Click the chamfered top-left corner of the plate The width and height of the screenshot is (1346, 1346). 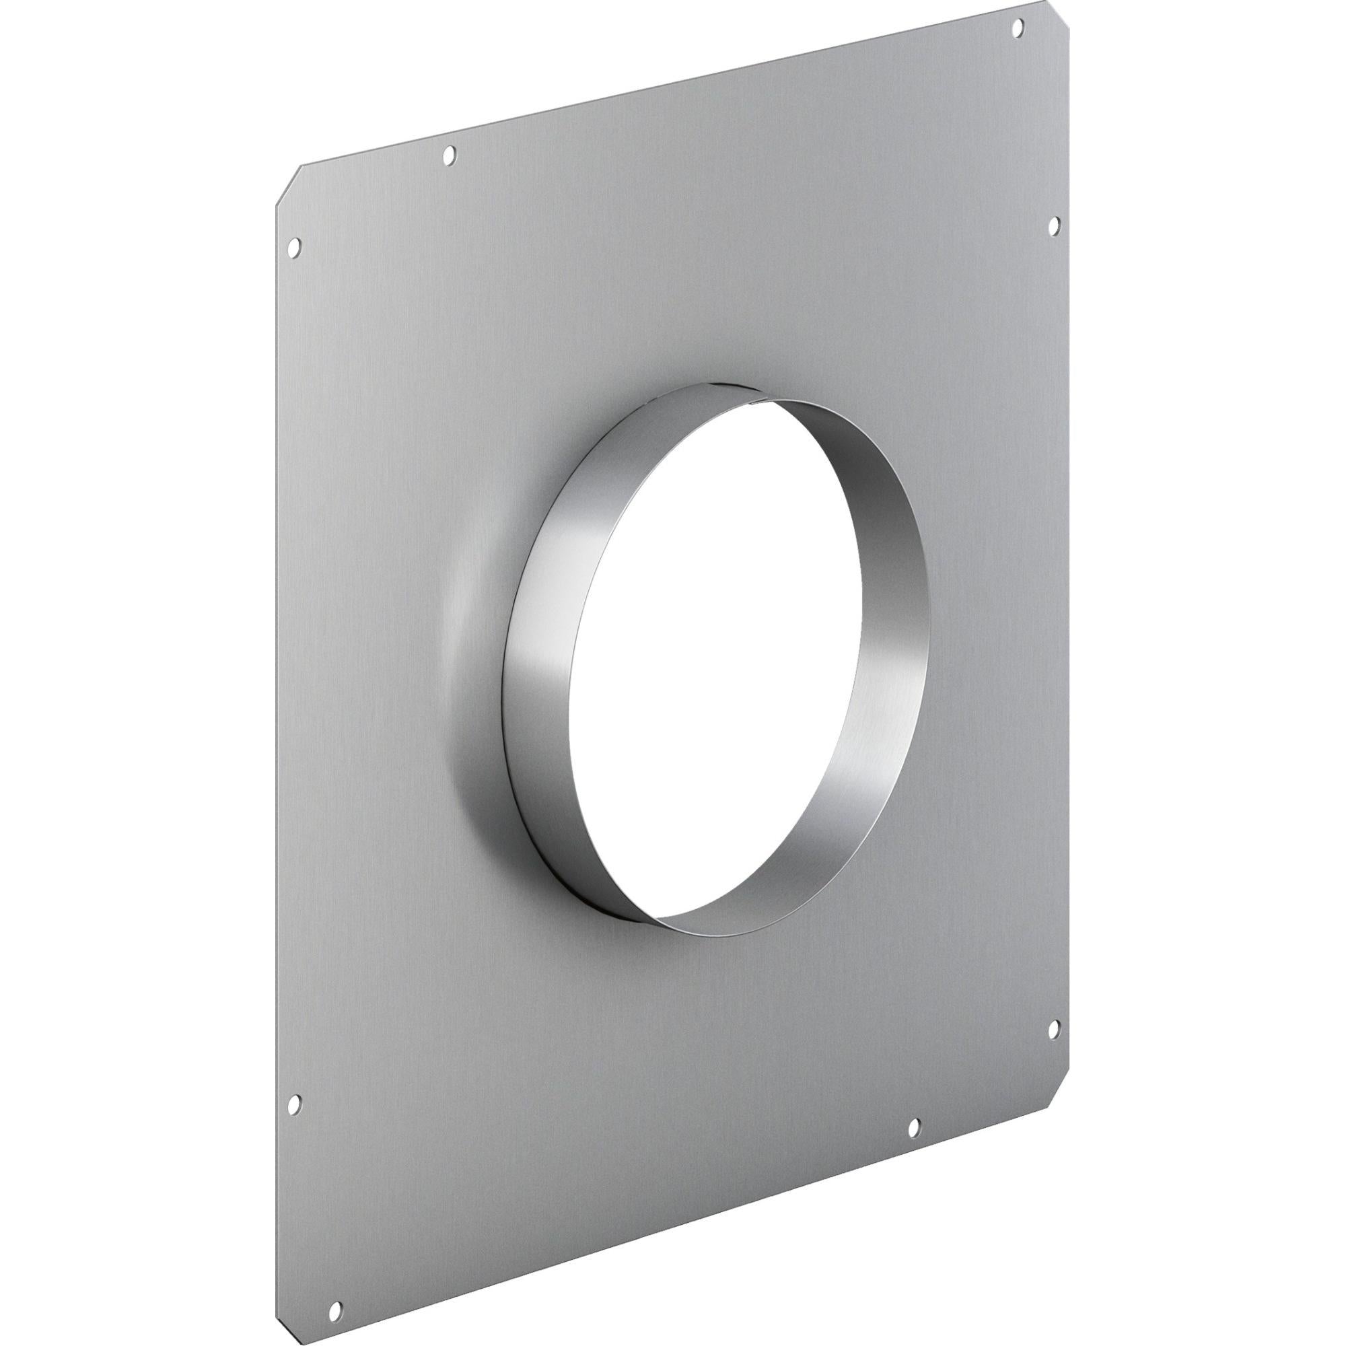[289, 185]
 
